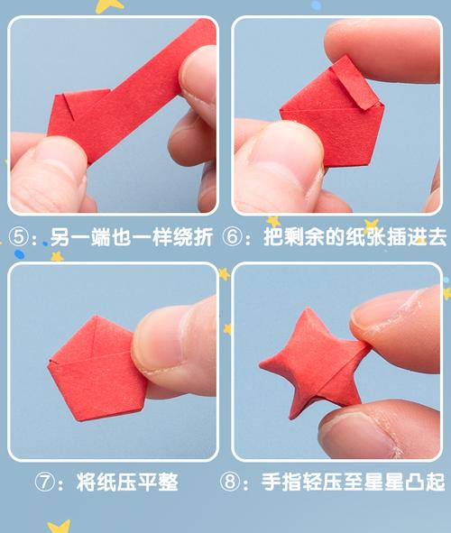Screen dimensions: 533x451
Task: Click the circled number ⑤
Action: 20,238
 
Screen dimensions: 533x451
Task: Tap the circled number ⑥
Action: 243,238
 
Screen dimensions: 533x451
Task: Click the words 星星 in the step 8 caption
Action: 376,482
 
